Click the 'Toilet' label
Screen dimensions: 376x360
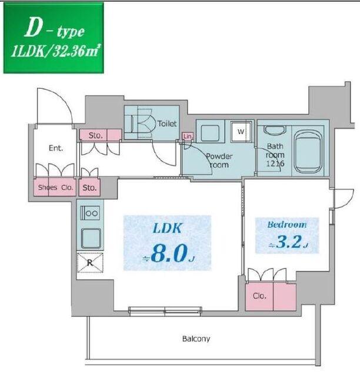coord(167,124)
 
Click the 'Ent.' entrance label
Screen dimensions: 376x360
coord(56,148)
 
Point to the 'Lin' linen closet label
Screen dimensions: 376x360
coord(188,136)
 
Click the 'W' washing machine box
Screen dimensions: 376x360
coord(241,132)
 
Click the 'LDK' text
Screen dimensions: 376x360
coord(166,228)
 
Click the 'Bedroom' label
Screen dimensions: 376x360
coord(286,224)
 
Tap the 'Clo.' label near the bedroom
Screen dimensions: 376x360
coord(260,297)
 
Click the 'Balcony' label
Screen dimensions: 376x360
coord(196,339)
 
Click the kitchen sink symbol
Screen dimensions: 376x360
coord(91,238)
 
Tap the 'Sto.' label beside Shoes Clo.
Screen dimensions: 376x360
coord(90,189)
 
